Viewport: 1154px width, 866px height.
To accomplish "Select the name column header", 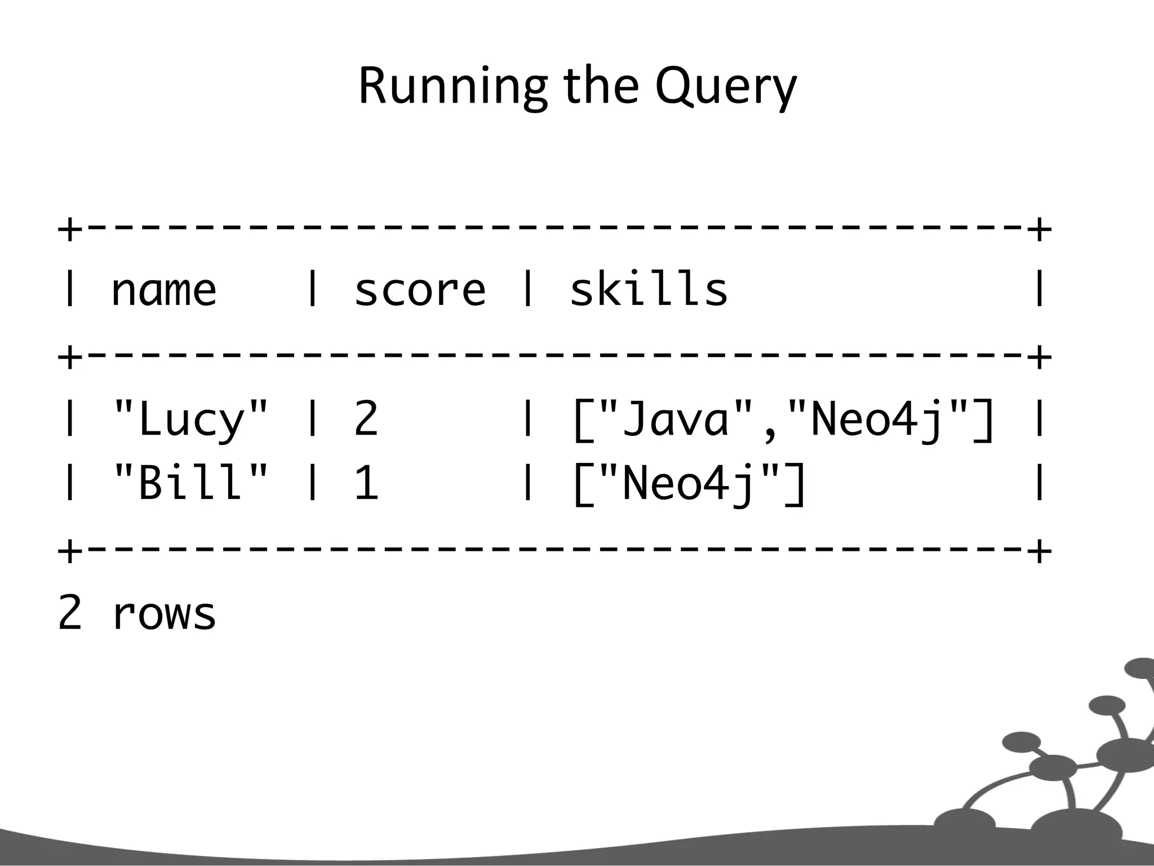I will tap(163, 290).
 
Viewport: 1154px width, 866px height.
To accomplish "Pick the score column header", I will tap(420, 290).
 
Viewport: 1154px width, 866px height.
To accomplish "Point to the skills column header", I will tap(649, 290).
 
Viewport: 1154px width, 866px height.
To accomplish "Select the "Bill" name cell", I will tap(191, 484).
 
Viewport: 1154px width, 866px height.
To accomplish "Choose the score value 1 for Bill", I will tap(367, 484).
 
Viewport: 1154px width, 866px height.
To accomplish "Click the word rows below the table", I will tap(164, 614).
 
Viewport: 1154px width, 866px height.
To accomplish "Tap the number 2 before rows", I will tap(70, 613).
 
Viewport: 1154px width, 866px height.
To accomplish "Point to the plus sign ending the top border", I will tap(1039, 230).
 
